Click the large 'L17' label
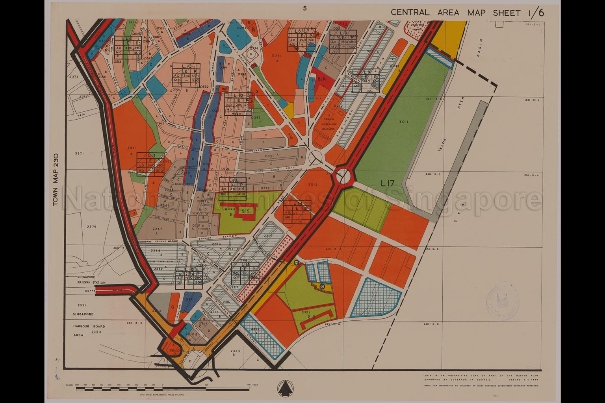coord(388,183)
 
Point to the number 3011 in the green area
coord(403,122)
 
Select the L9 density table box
coord(367,81)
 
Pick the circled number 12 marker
coord(322,286)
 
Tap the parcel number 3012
coord(313,184)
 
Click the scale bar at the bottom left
coord(161,388)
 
